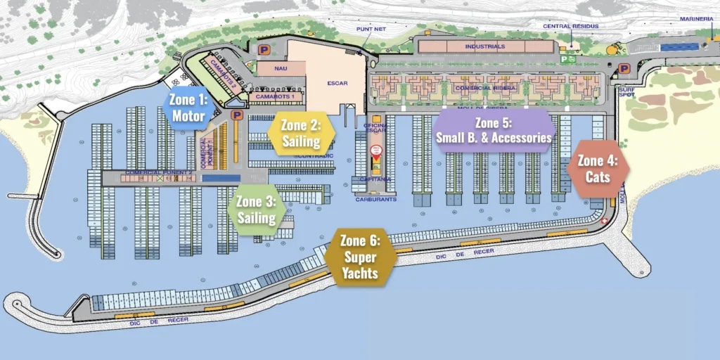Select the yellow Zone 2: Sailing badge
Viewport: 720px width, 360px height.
[301, 133]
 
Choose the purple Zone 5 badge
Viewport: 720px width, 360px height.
[493, 130]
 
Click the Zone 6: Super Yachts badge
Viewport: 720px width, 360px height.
[361, 257]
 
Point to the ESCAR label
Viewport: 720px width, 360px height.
[337, 82]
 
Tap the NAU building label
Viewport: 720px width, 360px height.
[281, 69]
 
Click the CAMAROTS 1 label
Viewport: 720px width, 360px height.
[275, 96]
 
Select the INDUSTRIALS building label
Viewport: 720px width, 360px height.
[484, 46]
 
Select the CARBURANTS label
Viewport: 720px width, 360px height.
[377, 200]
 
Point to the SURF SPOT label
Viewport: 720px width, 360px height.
[626, 92]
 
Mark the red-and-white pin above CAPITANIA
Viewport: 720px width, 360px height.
[376, 150]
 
